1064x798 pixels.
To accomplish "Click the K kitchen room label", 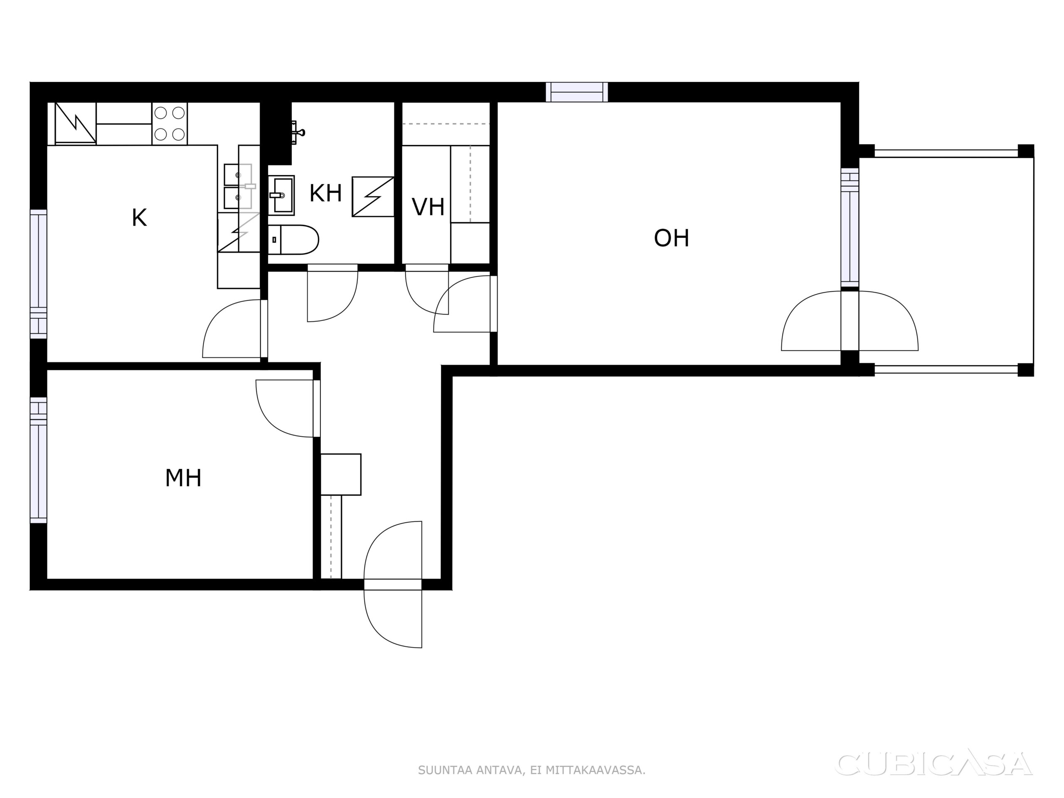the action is click(x=139, y=218).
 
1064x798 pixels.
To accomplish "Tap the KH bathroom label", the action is click(x=326, y=193).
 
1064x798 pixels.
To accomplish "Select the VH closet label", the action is click(x=428, y=207).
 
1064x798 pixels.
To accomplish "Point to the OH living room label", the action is click(x=672, y=238).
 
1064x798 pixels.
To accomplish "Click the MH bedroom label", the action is click(x=183, y=478).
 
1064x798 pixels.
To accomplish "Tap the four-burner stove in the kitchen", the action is click(x=169, y=123).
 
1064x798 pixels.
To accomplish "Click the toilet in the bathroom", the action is click(x=293, y=239).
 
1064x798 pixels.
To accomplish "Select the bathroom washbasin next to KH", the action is click(x=281, y=195).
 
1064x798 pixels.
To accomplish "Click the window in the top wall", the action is click(x=577, y=92).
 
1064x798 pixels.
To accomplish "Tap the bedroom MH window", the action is click(x=39, y=460).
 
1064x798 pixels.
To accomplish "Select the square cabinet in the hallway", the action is click(x=340, y=474).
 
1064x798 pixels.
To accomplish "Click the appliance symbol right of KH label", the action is click(x=373, y=197).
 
